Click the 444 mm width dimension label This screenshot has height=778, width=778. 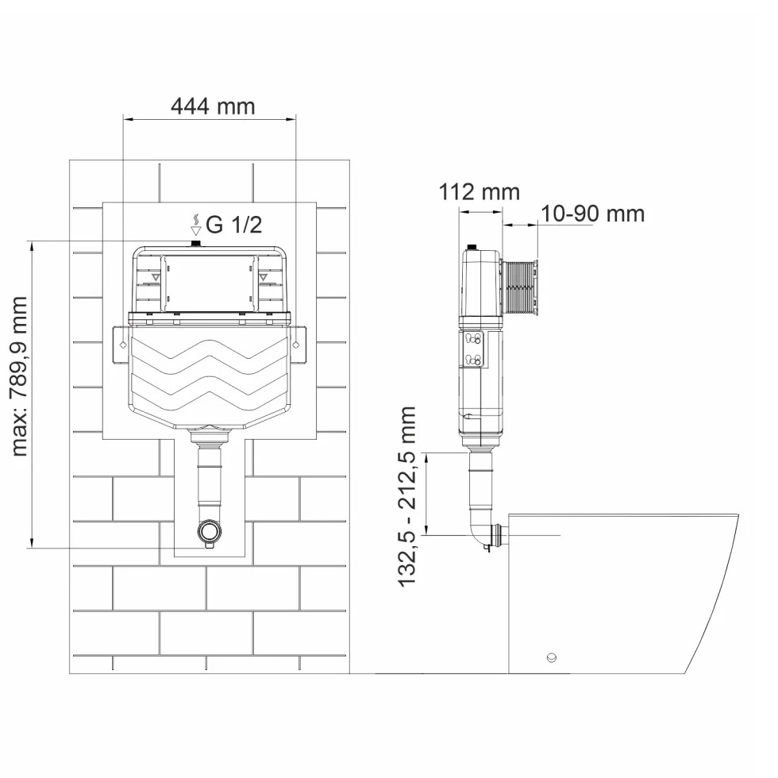click(x=213, y=106)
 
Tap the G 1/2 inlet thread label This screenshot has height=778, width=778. click(x=233, y=225)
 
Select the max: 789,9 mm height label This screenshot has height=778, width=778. click(x=19, y=376)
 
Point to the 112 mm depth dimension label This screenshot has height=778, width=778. click(x=480, y=192)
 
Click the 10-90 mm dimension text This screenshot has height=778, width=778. click(x=592, y=214)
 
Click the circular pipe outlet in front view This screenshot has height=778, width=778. click(x=210, y=531)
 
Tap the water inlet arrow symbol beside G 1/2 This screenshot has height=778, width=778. click(x=196, y=224)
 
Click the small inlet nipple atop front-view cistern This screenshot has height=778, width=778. click(x=197, y=243)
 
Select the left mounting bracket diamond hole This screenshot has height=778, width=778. click(x=123, y=344)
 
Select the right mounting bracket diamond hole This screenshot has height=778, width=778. click(x=296, y=344)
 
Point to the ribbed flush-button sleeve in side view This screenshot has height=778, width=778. click(x=519, y=287)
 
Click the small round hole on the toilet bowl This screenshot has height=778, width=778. click(x=551, y=658)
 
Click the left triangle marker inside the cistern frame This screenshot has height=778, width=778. click(x=156, y=277)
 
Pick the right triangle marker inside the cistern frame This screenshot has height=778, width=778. click(x=263, y=277)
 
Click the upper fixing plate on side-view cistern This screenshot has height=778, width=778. click(x=472, y=340)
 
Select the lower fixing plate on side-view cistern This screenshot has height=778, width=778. click(x=472, y=359)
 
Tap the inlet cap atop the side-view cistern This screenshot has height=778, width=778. click(x=472, y=247)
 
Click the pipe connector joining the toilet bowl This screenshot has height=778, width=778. click(x=499, y=536)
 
